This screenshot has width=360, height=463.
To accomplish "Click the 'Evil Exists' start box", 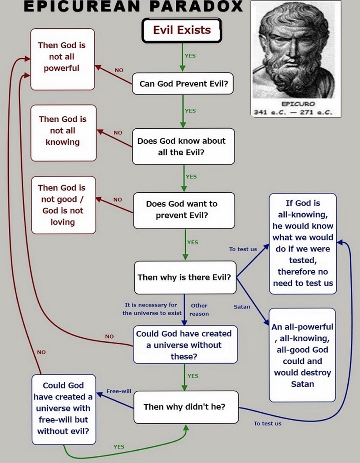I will point(182,30).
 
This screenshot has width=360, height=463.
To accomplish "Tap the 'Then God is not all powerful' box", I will point(63,57).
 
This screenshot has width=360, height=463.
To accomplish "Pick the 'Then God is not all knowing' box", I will point(63,131).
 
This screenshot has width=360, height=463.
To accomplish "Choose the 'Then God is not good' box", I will point(63,205).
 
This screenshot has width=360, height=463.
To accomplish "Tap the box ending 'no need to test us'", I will point(303,243).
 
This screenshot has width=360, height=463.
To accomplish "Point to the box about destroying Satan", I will point(303,355).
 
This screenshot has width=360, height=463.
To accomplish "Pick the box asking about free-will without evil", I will point(63,409).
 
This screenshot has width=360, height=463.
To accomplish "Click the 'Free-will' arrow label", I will point(119,391).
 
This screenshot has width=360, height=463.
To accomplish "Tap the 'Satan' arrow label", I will point(242,306).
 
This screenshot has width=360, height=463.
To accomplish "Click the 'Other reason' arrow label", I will point(199,309).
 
